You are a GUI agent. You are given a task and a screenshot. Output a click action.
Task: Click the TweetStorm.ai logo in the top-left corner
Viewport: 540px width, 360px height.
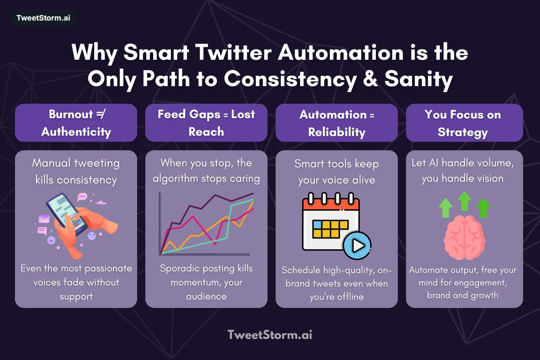43,18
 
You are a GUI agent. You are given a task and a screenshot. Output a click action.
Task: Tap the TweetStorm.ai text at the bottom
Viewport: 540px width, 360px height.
270,335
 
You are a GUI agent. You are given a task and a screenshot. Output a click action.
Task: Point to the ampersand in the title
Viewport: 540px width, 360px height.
370,79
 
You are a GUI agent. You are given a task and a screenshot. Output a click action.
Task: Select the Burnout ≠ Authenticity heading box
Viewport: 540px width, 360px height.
76,123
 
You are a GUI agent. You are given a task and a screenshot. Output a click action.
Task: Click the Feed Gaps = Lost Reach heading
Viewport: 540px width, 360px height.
206,123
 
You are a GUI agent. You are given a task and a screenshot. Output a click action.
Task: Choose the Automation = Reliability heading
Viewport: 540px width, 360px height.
336,123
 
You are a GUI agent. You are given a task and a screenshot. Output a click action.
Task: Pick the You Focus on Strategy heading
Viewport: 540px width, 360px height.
464,123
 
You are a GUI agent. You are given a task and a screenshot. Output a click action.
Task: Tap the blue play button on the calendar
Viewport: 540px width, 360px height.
357,245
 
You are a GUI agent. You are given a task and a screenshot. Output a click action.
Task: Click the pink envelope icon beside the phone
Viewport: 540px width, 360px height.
44,219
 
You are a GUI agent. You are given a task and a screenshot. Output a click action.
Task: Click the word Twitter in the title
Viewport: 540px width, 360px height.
233,53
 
